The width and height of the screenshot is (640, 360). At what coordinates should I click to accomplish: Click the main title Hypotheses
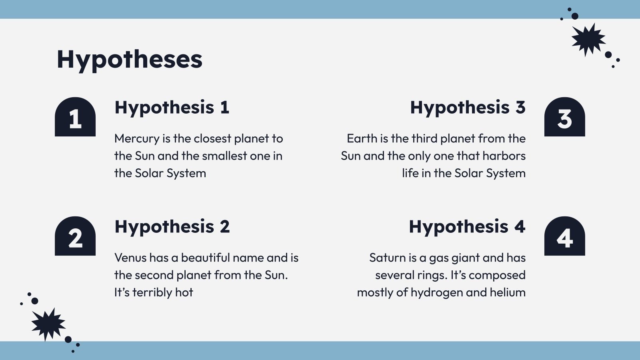point(130,60)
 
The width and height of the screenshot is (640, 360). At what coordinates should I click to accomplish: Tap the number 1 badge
point(75,117)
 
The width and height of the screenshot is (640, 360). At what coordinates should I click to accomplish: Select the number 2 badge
point(75,236)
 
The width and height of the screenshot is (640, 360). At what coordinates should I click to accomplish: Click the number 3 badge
point(564,117)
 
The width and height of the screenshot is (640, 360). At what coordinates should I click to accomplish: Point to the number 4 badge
point(564,236)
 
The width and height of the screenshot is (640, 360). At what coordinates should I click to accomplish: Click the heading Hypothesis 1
point(172,108)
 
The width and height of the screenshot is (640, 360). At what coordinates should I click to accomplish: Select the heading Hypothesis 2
point(172,227)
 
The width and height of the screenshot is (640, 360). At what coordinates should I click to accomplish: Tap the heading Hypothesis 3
point(468,108)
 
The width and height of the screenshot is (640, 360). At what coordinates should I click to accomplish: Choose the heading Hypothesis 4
point(467,227)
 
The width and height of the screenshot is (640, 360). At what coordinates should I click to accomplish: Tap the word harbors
point(504,156)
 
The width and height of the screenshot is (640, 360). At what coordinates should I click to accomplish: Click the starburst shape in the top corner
point(588,40)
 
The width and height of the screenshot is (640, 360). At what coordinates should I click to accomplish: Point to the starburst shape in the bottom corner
point(48,324)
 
